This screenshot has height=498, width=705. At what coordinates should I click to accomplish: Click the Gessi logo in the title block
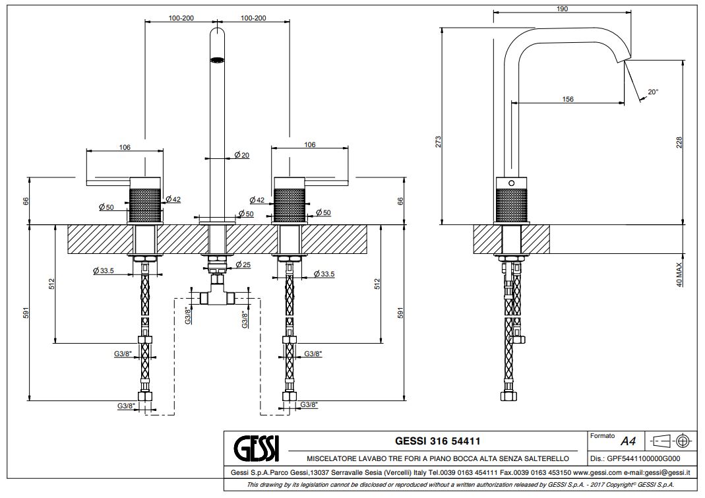pyautogui.click(x=257, y=448)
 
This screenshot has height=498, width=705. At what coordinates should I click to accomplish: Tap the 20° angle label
pyautogui.click(x=652, y=92)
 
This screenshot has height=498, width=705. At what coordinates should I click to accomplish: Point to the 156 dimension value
pyautogui.click(x=568, y=99)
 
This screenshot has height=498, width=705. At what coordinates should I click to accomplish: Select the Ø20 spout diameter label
pyautogui.click(x=241, y=156)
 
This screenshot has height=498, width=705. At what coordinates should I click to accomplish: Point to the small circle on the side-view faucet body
pyautogui.click(x=510, y=183)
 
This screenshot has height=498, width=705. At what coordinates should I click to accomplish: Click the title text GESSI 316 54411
pyautogui.click(x=436, y=440)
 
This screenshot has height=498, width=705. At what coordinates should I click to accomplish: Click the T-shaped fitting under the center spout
pyautogui.click(x=216, y=294)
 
